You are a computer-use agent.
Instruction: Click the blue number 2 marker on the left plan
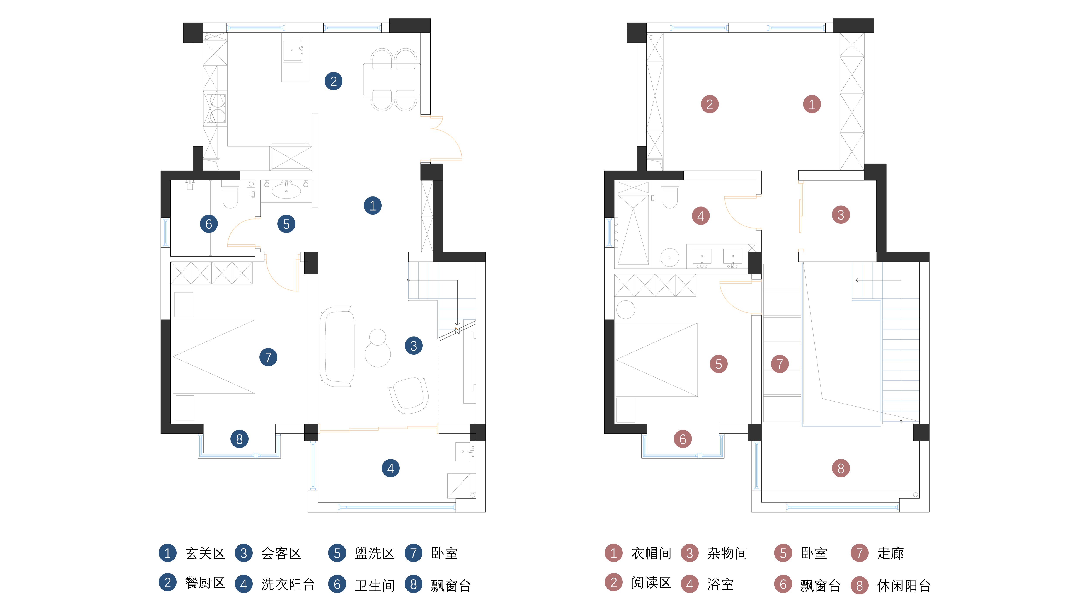coord(334,81)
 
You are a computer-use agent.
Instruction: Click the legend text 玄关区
coord(205,553)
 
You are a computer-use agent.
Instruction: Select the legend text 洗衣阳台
coord(288,585)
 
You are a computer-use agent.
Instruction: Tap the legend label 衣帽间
coord(651,553)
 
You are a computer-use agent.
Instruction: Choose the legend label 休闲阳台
coord(903,586)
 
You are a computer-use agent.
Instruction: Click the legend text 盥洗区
coord(375,553)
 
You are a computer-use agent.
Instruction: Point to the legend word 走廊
coord(890,553)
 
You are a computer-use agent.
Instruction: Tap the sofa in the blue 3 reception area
coord(337,346)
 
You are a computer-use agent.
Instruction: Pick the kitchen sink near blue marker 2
coord(292,50)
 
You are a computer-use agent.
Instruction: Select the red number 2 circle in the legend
coord(613,582)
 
